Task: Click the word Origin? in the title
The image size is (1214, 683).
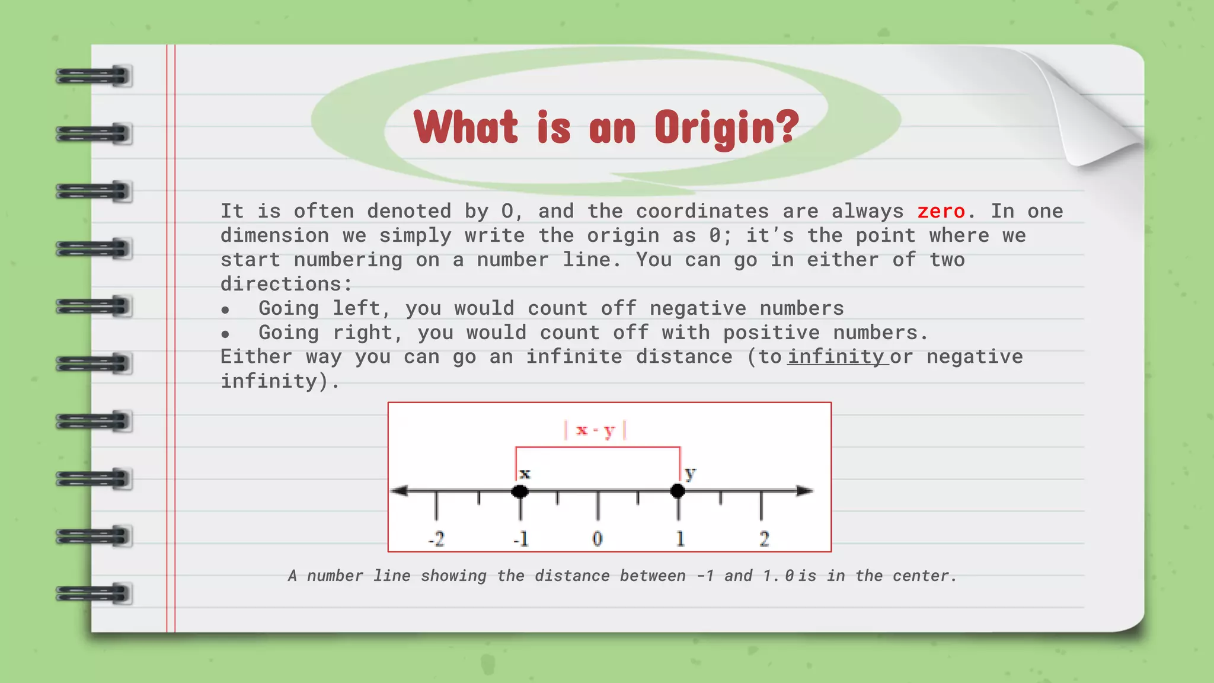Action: [x=727, y=127]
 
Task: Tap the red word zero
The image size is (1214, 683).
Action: [x=941, y=211]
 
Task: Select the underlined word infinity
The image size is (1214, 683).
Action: [x=836, y=356]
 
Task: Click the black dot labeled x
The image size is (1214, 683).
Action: [x=520, y=491]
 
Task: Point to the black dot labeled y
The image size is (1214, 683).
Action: [x=678, y=491]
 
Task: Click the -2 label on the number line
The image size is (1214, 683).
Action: [x=436, y=539]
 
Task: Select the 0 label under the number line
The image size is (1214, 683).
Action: [x=598, y=539]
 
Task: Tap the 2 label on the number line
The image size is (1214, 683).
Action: [x=764, y=539]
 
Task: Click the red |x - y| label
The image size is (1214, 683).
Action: [x=595, y=430]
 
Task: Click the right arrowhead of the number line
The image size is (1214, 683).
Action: [x=804, y=490]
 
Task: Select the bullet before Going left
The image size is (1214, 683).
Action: [x=225, y=310]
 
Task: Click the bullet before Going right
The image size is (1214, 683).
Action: [x=225, y=334]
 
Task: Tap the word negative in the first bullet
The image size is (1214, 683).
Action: [x=698, y=308]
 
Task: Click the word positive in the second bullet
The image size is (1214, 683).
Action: [x=771, y=333]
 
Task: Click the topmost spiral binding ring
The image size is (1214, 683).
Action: [x=94, y=76]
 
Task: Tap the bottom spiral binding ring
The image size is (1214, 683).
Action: [x=94, y=593]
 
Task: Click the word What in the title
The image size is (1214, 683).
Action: [x=466, y=127]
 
